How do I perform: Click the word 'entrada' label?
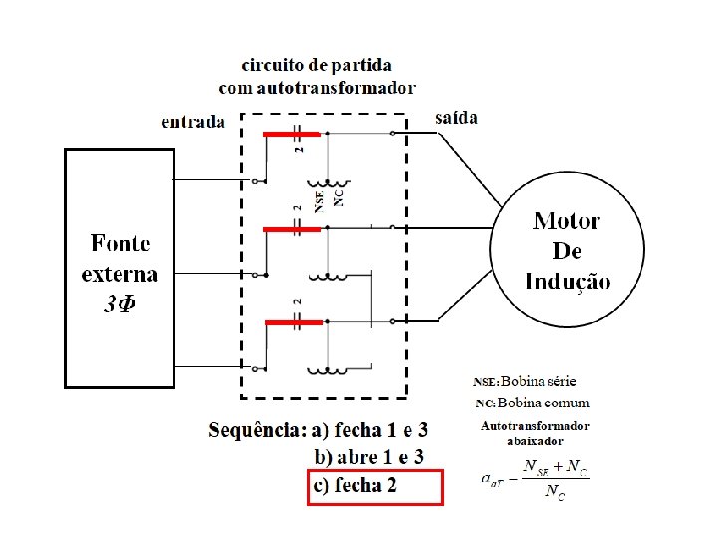point(193,122)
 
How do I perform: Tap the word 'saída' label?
point(457,118)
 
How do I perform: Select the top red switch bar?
point(291,134)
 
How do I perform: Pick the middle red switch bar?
point(292,229)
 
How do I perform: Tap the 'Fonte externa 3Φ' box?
point(119,267)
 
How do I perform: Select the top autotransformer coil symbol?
point(328,184)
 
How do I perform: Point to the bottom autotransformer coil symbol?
point(328,370)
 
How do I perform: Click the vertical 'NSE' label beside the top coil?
point(319,200)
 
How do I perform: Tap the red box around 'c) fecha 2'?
point(373,488)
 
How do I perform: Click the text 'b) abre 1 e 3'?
point(369,457)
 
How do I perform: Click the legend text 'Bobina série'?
point(538,381)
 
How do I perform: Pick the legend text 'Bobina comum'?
point(545,403)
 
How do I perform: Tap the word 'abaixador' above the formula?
point(535,440)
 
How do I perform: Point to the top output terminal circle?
point(394,134)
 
